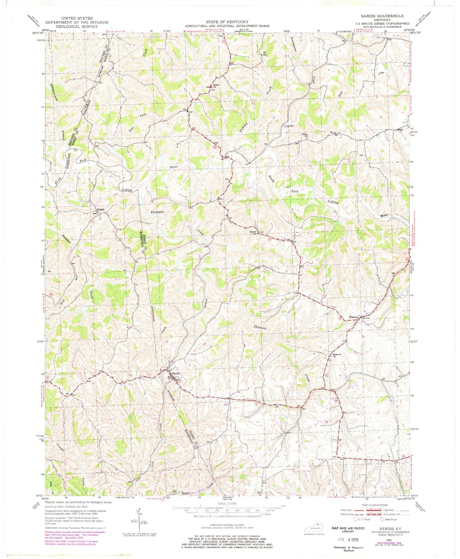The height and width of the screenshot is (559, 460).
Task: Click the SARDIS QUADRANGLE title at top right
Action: click(x=386, y=16)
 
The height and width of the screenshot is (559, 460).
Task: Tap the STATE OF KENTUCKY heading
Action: click(x=227, y=22)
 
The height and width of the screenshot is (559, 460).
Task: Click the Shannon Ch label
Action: click(x=337, y=355)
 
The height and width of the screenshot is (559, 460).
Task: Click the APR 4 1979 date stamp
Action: click(x=348, y=540)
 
